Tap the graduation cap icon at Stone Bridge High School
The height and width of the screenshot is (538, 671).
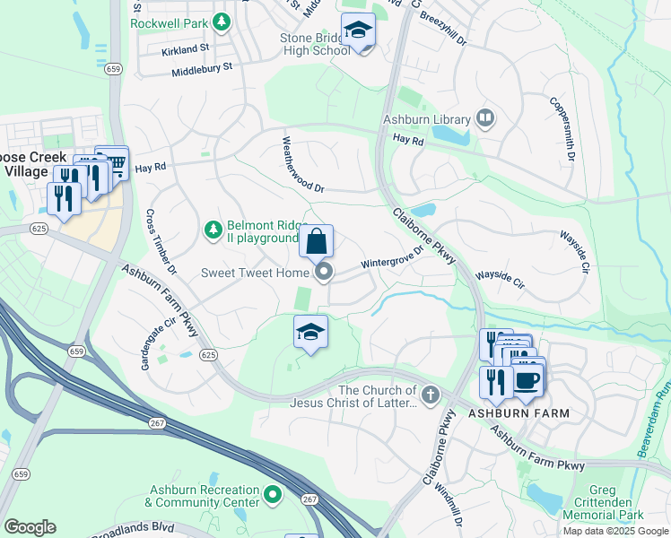coord(358,30)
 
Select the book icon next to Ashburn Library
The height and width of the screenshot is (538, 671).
coord(484,118)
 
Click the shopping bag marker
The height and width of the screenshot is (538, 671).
coord(316,241)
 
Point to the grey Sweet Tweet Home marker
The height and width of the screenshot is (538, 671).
coord(325,272)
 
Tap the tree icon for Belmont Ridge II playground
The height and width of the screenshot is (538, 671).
coord(213,231)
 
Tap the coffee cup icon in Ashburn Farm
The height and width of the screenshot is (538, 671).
coord(527,378)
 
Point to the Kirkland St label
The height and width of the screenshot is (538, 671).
coord(186,50)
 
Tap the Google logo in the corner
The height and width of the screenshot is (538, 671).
coord(30,527)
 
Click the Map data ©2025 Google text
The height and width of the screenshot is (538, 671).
coord(614,531)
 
